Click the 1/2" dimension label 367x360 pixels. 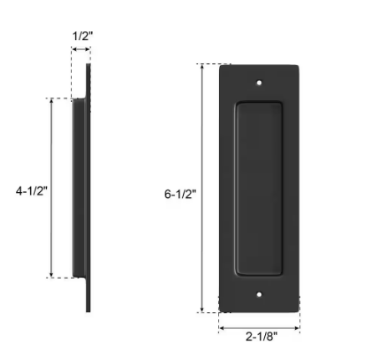point(83,36)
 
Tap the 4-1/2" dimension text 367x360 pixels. point(32,190)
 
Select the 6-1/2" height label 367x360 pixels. point(180,194)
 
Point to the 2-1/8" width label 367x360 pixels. point(261,336)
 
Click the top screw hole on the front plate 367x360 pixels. point(259,84)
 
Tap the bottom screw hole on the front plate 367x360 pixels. point(259,295)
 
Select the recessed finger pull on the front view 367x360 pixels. point(259,189)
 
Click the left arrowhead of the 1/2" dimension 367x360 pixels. point(74,50)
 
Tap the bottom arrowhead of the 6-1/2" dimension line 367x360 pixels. point(202,310)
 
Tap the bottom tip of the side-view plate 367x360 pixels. point(88,310)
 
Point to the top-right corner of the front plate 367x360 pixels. point(298,65)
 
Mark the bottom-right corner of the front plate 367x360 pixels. point(298,312)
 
